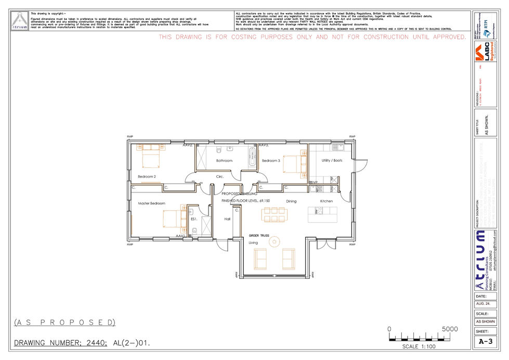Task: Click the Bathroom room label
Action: pyautogui.click(x=224, y=161)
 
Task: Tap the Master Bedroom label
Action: pyautogui.click(x=151, y=203)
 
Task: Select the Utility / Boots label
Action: pyautogui.click(x=332, y=161)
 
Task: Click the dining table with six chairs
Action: pyautogui.click(x=274, y=214)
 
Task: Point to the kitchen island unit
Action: pyautogui.click(x=322, y=214)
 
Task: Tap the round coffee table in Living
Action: pyautogui.click(x=274, y=241)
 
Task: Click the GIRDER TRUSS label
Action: pyautogui.click(x=259, y=236)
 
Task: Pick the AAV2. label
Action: pyautogui.click(x=188, y=146)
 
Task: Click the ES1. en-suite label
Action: pyautogui.click(x=193, y=220)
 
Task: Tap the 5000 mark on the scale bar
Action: pyautogui.click(x=450, y=329)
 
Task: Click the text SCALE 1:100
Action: pyautogui.click(x=419, y=346)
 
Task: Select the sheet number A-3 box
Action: pyautogui.click(x=485, y=341)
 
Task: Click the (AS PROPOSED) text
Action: pyautogui.click(x=64, y=323)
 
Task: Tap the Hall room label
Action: pyautogui.click(x=227, y=220)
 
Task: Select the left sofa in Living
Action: pyautogui.click(x=260, y=259)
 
